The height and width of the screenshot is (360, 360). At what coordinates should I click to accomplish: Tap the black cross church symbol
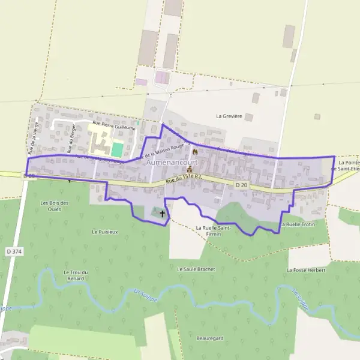162,213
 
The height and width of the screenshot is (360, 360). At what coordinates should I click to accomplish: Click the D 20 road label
241,185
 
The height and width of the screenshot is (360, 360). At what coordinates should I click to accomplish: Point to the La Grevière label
229,116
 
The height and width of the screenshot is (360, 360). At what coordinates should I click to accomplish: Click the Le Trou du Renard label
76,275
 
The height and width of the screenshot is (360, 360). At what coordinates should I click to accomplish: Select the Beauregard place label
209,338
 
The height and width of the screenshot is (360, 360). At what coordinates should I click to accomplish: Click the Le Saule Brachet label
196,269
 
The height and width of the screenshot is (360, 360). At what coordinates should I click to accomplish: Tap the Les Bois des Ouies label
55,206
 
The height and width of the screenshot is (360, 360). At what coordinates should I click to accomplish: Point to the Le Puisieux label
104,231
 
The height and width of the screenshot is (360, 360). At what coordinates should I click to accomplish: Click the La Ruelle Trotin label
298,224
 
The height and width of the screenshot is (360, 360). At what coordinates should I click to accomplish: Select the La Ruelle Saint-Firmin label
214,230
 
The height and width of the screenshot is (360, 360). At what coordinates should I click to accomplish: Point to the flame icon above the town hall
194,152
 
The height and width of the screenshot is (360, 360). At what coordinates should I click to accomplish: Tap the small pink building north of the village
163,77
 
